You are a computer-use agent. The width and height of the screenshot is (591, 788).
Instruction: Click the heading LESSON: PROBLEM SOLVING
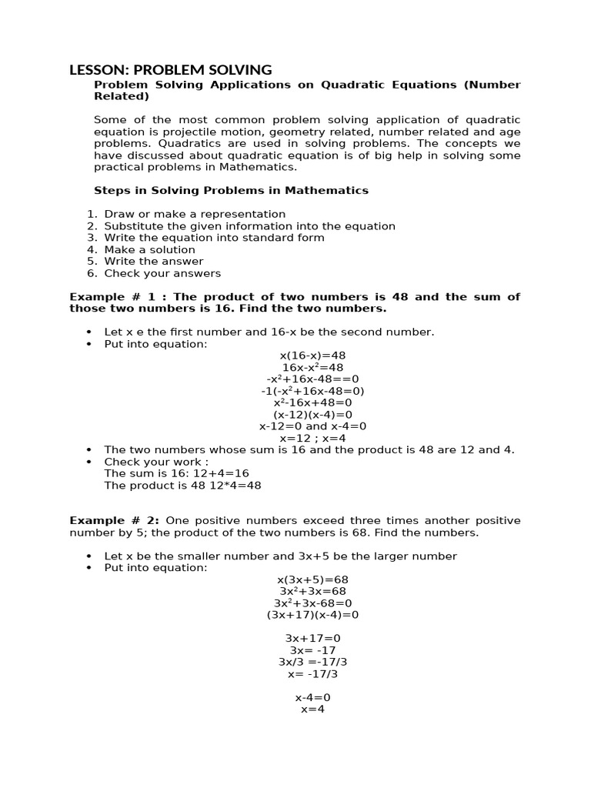(x=170, y=70)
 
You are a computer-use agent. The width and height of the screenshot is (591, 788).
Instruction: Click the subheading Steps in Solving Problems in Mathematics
(x=231, y=190)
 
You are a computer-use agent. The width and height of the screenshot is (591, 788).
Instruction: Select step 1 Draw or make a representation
(x=195, y=214)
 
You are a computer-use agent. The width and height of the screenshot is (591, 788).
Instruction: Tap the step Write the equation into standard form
(x=214, y=238)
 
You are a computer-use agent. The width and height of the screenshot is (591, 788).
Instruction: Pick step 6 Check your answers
(x=162, y=273)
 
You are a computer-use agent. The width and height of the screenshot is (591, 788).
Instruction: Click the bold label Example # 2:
(x=115, y=520)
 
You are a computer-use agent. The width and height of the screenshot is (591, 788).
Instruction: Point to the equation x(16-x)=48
(x=312, y=356)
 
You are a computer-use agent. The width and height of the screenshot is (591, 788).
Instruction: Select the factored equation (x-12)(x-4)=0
(x=312, y=414)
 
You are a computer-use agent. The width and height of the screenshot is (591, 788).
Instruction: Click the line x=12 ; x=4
(x=312, y=438)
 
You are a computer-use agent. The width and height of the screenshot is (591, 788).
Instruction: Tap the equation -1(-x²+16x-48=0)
(x=312, y=391)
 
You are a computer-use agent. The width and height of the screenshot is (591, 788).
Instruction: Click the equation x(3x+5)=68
(x=312, y=579)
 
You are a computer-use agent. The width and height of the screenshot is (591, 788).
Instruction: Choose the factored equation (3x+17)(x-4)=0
(x=312, y=615)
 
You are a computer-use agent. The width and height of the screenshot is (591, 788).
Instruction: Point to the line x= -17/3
(x=312, y=674)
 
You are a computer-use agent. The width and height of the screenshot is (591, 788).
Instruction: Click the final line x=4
(x=312, y=709)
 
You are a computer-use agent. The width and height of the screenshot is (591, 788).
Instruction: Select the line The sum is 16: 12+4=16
(x=176, y=473)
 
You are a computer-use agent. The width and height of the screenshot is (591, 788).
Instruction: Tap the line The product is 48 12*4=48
(x=182, y=486)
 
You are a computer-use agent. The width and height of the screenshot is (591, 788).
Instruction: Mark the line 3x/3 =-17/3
(x=312, y=662)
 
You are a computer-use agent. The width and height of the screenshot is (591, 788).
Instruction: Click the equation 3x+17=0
(x=312, y=638)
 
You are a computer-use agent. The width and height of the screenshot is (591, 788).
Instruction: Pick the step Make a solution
(x=149, y=249)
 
